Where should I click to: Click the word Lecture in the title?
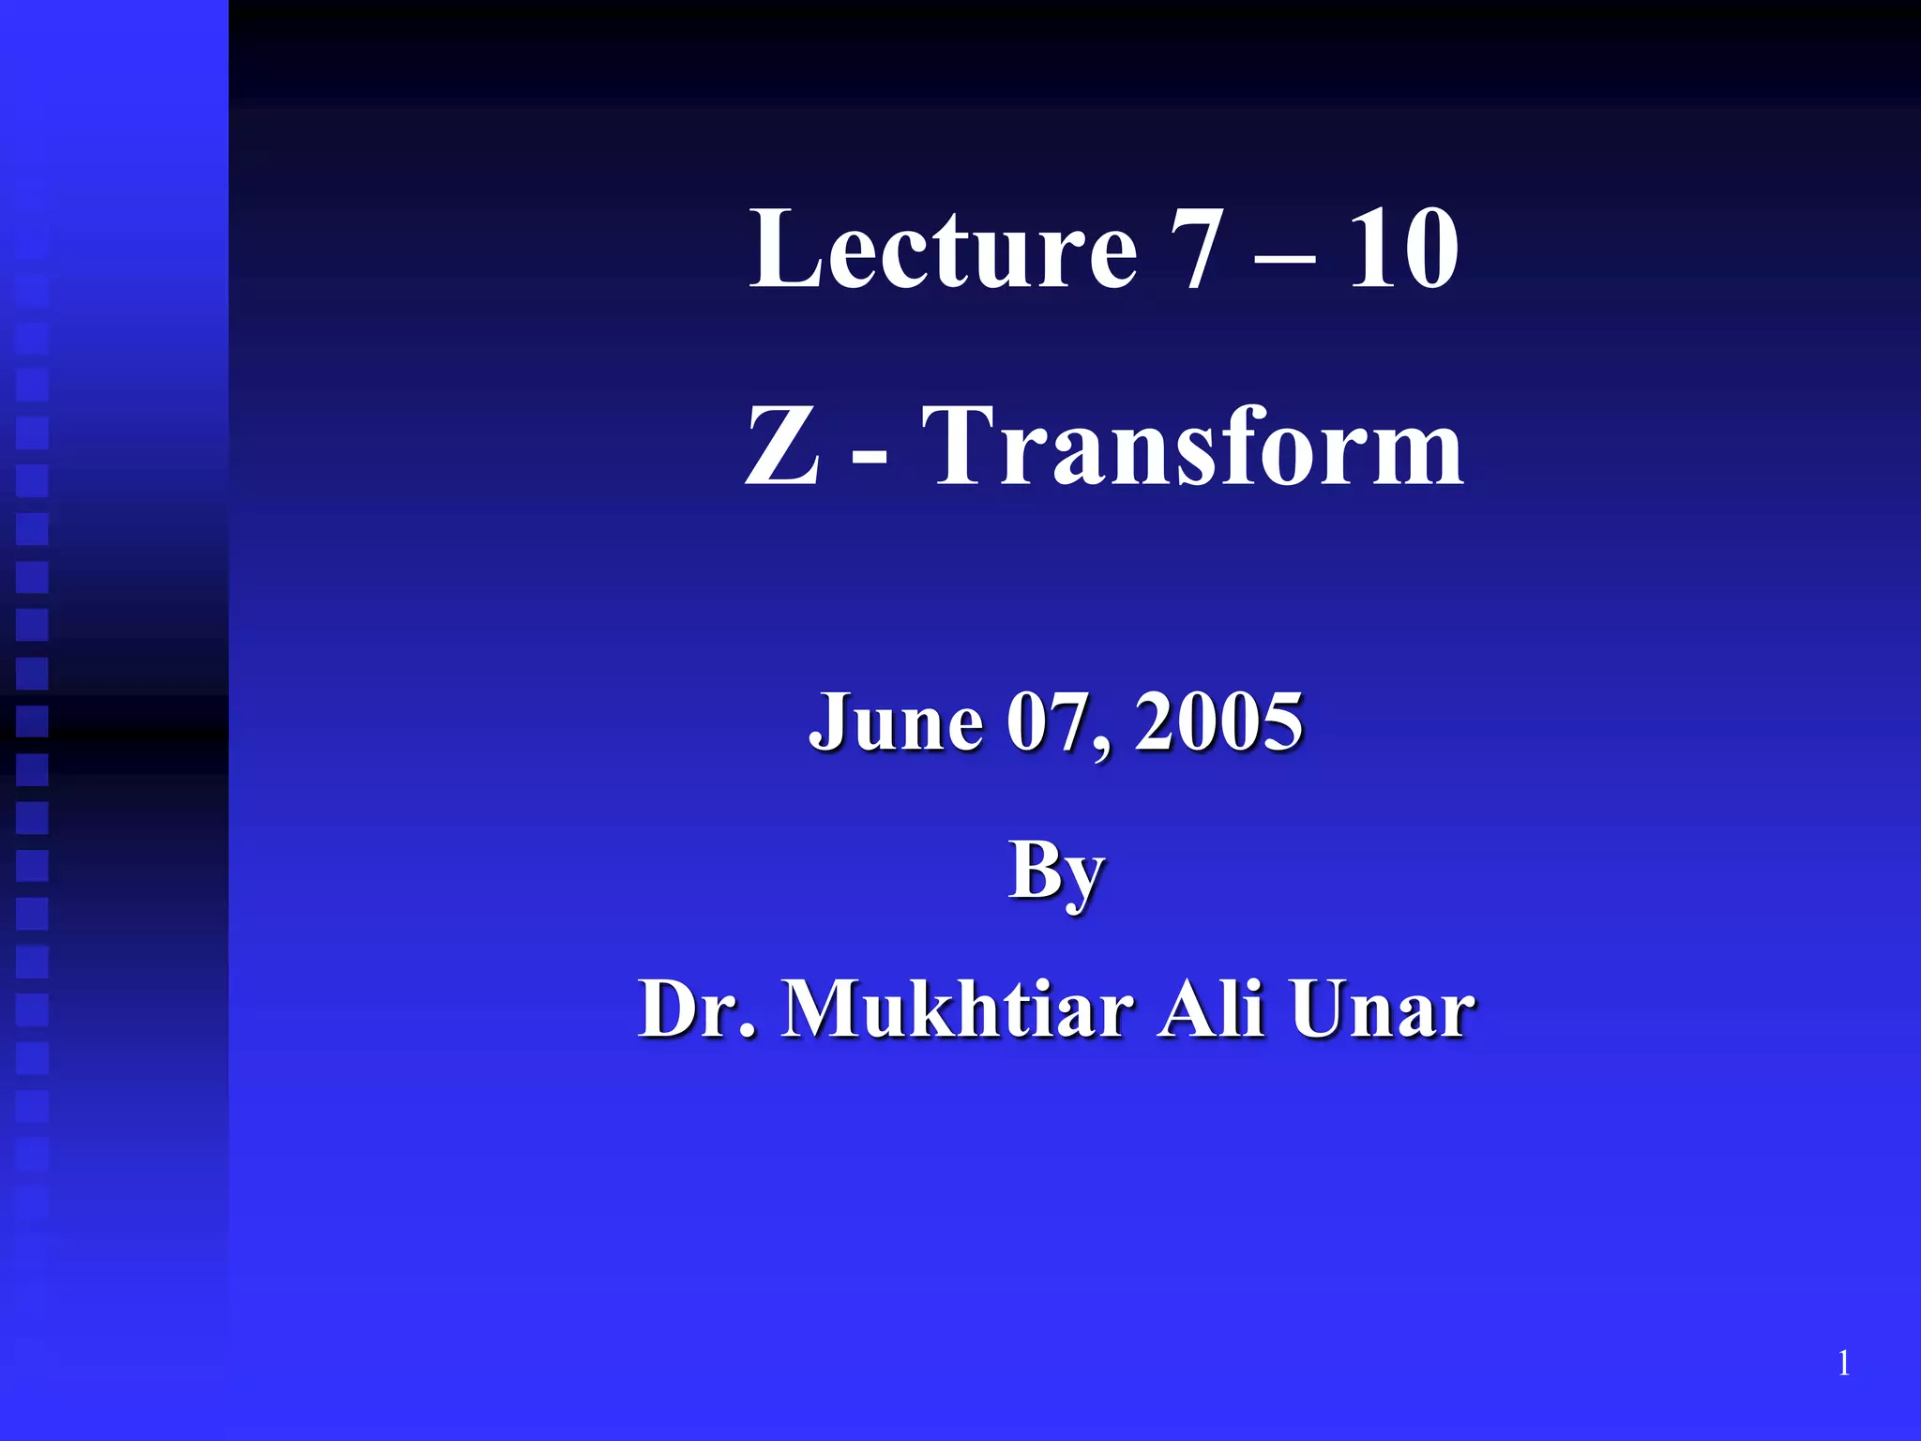click(x=943, y=249)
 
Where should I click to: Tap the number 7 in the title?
click(x=1196, y=249)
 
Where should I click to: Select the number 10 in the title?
click(x=1403, y=249)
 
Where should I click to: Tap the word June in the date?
click(x=896, y=722)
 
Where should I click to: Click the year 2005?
click(x=1218, y=722)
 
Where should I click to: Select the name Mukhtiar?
click(x=957, y=1009)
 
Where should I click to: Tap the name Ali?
click(x=1210, y=1009)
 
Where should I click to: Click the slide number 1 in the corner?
click(x=1844, y=1363)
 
